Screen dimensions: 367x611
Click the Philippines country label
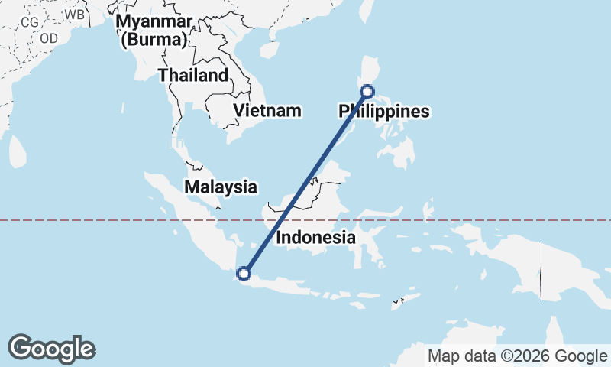pos(384,112)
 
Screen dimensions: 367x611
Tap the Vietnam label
pos(267,110)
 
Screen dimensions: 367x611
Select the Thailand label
pos(192,75)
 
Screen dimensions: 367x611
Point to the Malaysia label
pos(220,187)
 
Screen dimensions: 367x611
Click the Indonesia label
pos(315,237)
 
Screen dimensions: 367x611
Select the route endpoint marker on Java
pos(244,273)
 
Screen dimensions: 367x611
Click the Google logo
pos(51,349)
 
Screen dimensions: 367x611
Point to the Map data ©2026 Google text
pos(517,356)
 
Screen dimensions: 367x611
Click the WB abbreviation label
pos(74,14)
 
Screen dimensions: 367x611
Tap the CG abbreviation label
pos(30,22)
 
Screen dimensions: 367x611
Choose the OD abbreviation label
pos(49,37)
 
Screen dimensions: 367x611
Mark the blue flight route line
pos(305,182)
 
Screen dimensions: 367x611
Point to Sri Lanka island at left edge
pos(17,151)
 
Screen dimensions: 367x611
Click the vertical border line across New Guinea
pos(541,271)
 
